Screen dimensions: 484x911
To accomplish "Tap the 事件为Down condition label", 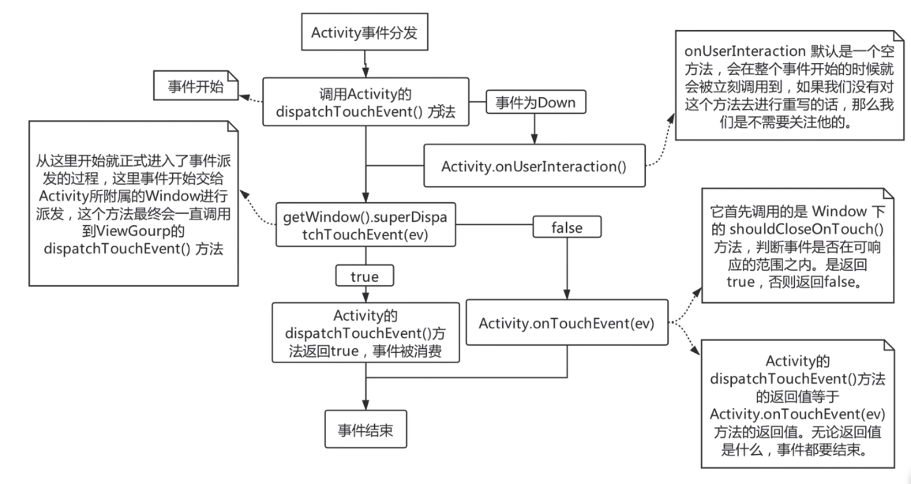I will tap(534, 102).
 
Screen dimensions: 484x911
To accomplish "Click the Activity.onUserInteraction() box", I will tap(534, 166).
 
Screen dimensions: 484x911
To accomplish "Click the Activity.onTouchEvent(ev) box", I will tap(567, 322).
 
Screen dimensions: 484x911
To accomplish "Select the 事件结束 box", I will tap(366, 430).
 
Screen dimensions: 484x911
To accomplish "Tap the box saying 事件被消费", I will tap(364, 332).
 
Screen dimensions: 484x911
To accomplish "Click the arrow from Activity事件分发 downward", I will tap(364, 62).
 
